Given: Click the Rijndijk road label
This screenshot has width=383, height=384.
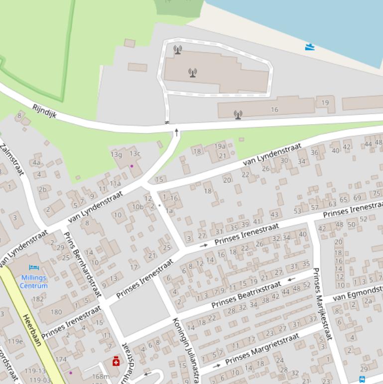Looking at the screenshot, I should pyautogui.click(x=44, y=111).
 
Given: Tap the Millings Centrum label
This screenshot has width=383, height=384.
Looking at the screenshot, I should pyautogui.click(x=34, y=282).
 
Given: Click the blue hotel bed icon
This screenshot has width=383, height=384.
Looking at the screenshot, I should pyautogui.click(x=34, y=268).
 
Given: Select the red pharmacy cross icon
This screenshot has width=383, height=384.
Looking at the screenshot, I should pyautogui.click(x=116, y=361).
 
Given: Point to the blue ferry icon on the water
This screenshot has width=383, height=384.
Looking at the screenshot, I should pyautogui.click(x=310, y=47).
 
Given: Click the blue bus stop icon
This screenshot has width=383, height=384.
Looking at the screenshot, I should pyautogui.click(x=362, y=380).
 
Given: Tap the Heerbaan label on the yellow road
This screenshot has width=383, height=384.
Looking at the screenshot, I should pyautogui.click(x=32, y=331).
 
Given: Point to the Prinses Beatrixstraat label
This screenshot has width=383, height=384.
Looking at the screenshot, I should pyautogui.click(x=246, y=295).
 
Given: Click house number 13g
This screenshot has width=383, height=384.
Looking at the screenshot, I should pyautogui.click(x=116, y=155).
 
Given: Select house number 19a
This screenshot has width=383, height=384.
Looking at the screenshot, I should pyautogui.click(x=220, y=146).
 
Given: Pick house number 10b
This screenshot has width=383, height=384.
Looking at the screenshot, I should pyautogui.click(x=137, y=206).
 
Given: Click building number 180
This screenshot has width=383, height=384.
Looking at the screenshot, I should pyautogui.click(x=56, y=312).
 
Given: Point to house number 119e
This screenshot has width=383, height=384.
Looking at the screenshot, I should pyautogui.click(x=15, y=342).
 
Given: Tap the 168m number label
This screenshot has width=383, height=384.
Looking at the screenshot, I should pyautogui.click(x=101, y=377).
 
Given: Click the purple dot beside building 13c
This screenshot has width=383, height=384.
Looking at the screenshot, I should pyautogui.click(x=131, y=166).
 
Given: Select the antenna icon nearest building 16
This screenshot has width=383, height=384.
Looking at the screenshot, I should pyautogui.click(x=238, y=115).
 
